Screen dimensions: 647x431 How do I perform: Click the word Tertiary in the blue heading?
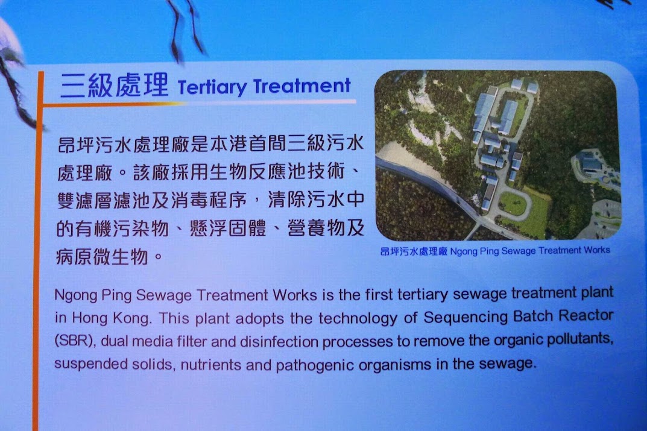tap(212, 87)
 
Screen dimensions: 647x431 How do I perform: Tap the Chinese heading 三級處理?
tap(115, 86)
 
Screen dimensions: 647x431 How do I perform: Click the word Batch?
tap(532, 316)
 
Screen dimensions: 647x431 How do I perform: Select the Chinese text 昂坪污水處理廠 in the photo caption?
tap(414, 251)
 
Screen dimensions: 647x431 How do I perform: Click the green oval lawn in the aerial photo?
tap(515, 204)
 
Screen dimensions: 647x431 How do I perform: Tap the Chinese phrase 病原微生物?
tap(102, 257)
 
